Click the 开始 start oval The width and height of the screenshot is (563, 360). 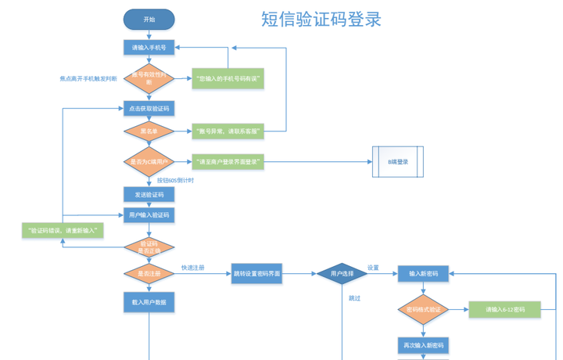149,20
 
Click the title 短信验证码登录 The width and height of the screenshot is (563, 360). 321,20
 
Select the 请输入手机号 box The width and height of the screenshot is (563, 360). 149,48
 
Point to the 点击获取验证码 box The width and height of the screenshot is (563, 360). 149,108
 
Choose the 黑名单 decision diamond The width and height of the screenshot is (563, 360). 149,131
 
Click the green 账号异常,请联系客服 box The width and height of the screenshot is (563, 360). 228,131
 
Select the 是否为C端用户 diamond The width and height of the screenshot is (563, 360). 149,162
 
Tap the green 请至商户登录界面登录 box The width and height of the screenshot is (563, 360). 228,162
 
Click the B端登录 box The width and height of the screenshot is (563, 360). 398,162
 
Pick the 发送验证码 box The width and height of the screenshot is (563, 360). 149,194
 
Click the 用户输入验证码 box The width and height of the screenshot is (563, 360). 149,214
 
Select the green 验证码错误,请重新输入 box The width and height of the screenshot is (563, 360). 63,231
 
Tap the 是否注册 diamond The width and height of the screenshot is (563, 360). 149,274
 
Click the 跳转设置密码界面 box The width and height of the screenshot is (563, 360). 257,274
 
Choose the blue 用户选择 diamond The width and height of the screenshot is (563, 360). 342,274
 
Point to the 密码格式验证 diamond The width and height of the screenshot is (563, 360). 424,310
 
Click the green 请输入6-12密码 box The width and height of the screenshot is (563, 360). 505,310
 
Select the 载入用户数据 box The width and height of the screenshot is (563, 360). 149,302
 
